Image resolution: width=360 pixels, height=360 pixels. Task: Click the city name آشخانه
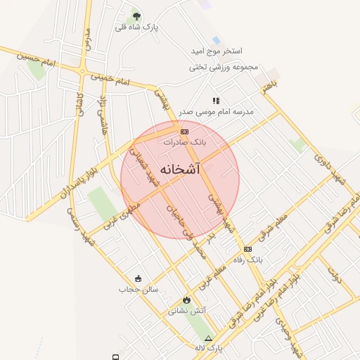click(180, 169)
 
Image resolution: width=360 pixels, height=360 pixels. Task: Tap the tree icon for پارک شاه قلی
click(136, 15)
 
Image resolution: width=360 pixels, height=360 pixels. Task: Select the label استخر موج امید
click(216, 52)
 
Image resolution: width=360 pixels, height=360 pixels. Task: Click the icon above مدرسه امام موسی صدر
click(216, 101)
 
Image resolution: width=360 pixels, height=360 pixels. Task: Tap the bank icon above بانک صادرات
click(184, 131)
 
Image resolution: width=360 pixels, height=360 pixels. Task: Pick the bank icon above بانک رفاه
click(247, 250)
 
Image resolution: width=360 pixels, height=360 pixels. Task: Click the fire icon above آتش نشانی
click(186, 300)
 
